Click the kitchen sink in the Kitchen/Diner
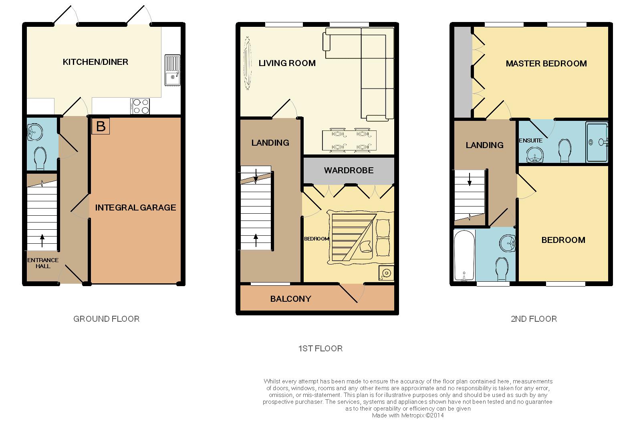click(173, 70)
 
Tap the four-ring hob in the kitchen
click(140, 106)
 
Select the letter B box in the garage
click(101, 126)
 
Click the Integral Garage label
click(135, 208)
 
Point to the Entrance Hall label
click(43, 263)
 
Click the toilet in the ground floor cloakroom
click(40, 158)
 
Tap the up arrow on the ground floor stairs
click(42, 241)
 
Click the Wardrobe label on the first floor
click(349, 170)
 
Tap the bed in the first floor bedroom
click(361, 237)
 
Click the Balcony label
click(290, 299)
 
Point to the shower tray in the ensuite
click(597, 142)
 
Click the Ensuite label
click(531, 140)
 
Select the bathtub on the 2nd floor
click(464, 255)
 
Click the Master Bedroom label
click(546, 64)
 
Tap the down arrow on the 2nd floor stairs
click(470, 179)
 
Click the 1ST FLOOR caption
click(320, 349)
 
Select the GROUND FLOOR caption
click(107, 319)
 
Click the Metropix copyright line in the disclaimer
click(408, 415)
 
